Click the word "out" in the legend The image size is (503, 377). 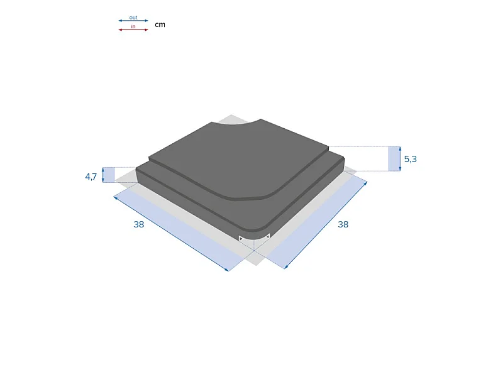coord(133,18)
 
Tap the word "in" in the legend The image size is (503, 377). coord(133,27)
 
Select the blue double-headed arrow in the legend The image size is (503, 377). coord(133,21)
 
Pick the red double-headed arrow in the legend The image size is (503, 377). coord(133,30)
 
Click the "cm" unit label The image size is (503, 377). coord(160,25)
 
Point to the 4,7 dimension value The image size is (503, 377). coord(91,177)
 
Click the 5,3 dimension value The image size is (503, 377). coord(410,160)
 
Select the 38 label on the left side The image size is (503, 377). coord(139,224)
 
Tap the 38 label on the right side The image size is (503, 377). coord(343,224)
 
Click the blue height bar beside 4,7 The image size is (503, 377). coord(109,175)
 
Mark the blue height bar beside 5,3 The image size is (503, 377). coord(394,159)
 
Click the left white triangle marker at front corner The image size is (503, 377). coord(241,238)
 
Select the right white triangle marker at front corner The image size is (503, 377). coord(267,237)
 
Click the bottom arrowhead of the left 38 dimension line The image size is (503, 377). coord(226,270)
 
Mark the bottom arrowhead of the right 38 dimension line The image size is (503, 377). coord(285,267)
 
